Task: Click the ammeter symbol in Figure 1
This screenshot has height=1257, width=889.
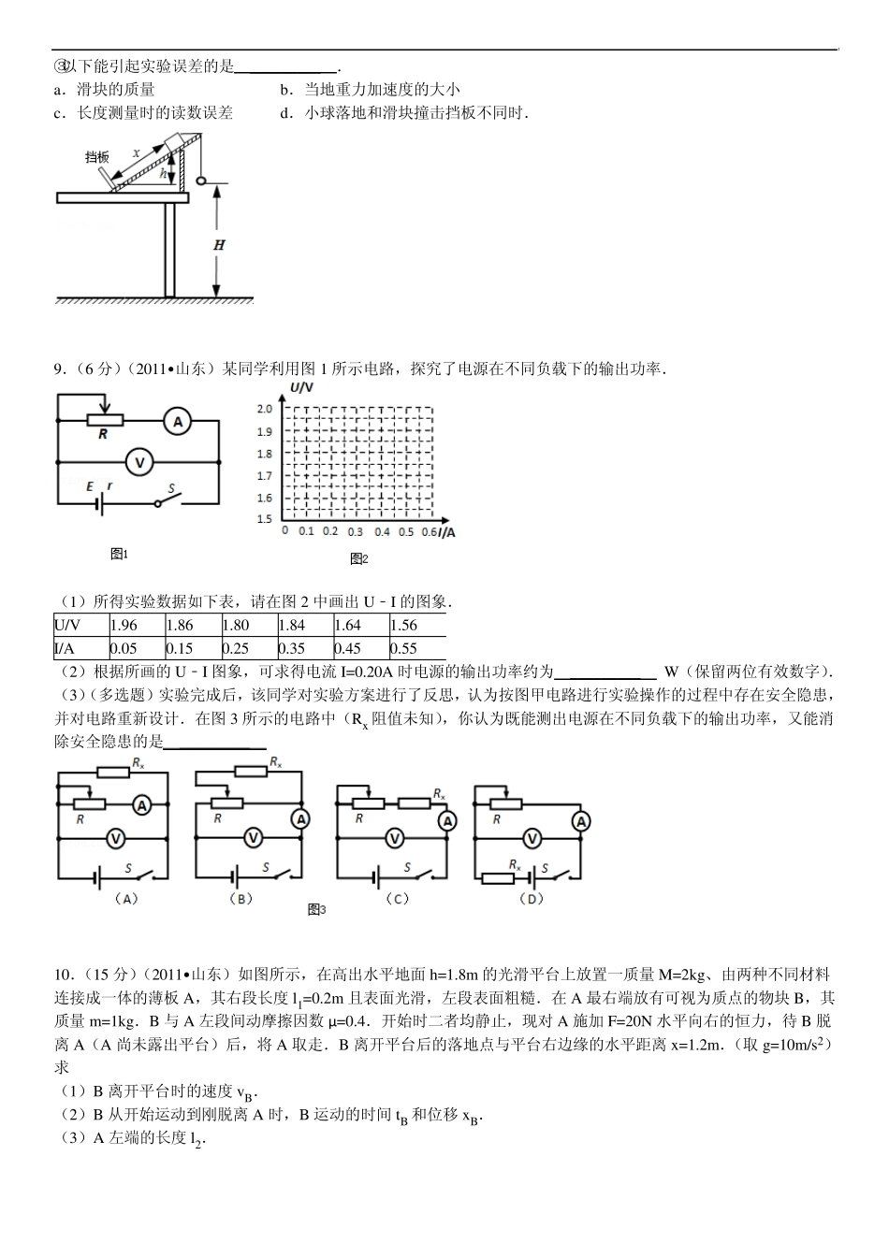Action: point(177,423)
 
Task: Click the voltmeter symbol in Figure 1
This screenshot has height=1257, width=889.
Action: point(139,461)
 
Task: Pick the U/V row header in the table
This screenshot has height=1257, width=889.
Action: point(67,626)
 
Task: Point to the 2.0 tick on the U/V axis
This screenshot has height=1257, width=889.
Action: point(264,410)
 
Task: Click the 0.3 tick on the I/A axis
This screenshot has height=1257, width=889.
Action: point(355,532)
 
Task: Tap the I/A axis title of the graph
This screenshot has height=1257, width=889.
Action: point(447,532)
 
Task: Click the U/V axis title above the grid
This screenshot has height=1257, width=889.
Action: point(300,387)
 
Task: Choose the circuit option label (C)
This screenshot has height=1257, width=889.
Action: point(397,899)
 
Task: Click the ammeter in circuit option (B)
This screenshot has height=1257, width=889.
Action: point(300,819)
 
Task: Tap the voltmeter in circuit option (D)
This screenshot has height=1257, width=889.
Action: point(532,839)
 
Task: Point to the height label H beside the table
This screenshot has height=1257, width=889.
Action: point(219,245)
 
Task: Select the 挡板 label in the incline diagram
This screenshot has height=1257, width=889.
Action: point(96,157)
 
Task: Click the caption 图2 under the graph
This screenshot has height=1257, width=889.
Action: point(359,559)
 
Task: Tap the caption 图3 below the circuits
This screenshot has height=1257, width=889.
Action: point(316,910)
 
